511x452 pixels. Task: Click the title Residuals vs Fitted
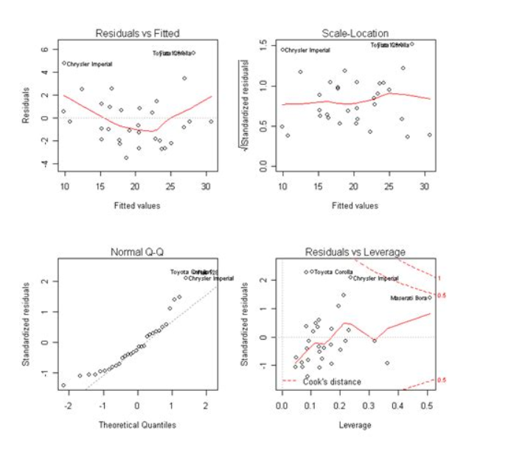(x=138, y=33)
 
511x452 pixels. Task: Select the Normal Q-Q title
(x=137, y=253)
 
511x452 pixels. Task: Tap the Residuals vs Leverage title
(x=355, y=253)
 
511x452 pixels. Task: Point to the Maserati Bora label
(x=409, y=298)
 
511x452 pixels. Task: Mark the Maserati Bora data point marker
(x=429, y=298)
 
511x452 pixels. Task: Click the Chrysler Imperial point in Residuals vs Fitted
(x=64, y=64)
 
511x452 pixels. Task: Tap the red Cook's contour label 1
(x=439, y=278)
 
